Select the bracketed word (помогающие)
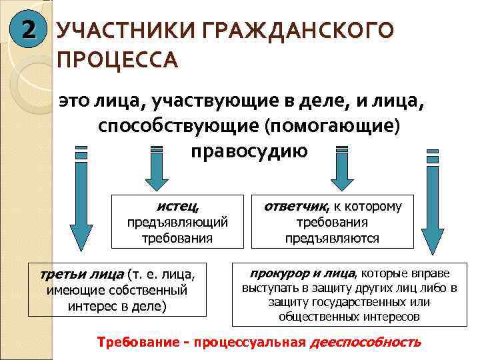point(333,126)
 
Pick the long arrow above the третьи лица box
point(81,200)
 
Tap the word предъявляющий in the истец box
point(178,221)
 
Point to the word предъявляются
point(332,238)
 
